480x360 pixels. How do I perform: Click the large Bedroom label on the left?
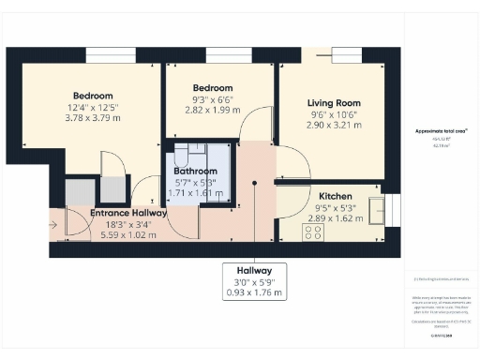[x=93, y=96]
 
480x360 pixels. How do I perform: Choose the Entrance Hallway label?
[x=128, y=214]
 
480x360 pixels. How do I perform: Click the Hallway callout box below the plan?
[x=254, y=281]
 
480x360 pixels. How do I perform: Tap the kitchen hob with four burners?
[x=312, y=231]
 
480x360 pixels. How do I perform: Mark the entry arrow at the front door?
[x=57, y=226]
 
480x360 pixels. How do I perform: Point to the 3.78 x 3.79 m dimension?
[x=93, y=118]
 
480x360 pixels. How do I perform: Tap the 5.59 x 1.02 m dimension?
[x=128, y=234]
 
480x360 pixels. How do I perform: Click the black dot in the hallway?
[x=254, y=183]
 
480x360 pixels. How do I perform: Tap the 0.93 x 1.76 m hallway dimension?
[x=254, y=293]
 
